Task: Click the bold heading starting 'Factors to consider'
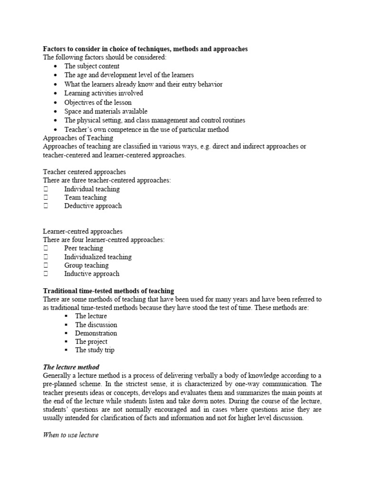click(x=145, y=49)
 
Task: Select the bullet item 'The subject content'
click(x=92, y=67)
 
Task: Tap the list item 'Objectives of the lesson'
click(x=98, y=102)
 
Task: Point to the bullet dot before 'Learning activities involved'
click(x=56, y=94)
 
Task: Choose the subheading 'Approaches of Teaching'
click(x=78, y=138)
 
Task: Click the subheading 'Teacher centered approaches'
click(x=84, y=172)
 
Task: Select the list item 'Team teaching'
click(x=86, y=197)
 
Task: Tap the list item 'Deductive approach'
click(x=93, y=206)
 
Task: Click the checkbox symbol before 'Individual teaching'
click(x=46, y=189)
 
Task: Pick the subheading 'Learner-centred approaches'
click(x=83, y=232)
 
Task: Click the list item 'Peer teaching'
click(x=84, y=248)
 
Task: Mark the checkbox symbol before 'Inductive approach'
click(x=46, y=274)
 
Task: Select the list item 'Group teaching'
click(x=86, y=265)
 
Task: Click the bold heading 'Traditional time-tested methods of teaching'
click(x=108, y=291)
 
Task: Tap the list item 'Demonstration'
click(x=96, y=333)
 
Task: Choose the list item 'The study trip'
click(x=95, y=350)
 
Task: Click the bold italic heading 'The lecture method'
click(x=71, y=367)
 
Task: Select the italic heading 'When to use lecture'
click(x=71, y=435)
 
